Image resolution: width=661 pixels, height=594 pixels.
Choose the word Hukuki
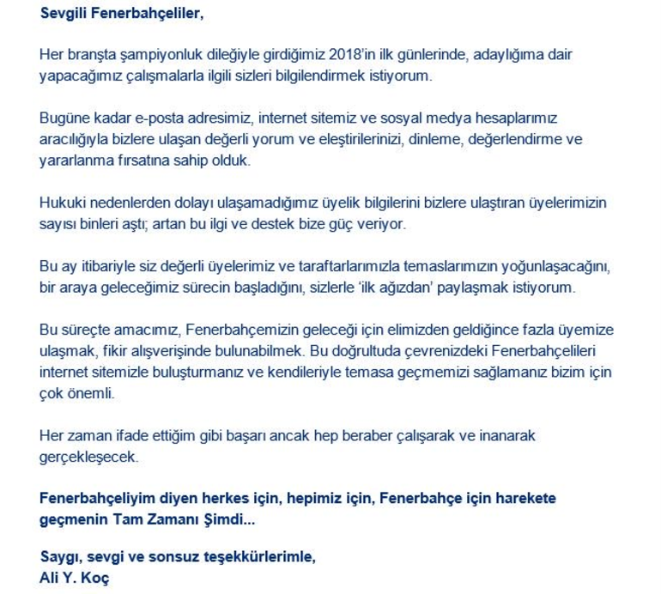tap(63, 203)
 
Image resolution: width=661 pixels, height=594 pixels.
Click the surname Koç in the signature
tap(96, 579)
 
